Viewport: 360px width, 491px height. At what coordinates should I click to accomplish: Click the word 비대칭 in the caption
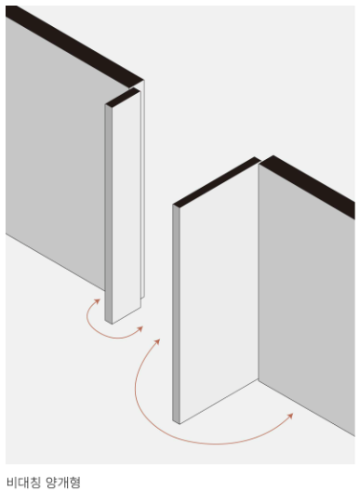click(x=24, y=483)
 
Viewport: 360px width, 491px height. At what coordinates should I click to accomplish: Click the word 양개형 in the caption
click(x=63, y=483)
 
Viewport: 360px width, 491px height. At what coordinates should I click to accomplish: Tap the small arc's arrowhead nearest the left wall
click(x=97, y=301)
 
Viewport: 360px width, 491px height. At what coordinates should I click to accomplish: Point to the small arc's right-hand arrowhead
click(x=140, y=329)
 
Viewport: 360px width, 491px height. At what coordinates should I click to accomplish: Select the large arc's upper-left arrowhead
click(x=157, y=341)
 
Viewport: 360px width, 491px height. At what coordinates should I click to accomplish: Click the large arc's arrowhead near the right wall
click(x=290, y=416)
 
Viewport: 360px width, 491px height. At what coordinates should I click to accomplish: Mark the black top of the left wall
click(x=74, y=46)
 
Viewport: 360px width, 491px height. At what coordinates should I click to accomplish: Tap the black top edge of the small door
click(x=123, y=97)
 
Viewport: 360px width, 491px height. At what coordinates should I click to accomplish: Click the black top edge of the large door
click(x=217, y=182)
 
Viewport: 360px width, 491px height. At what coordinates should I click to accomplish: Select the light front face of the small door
click(x=127, y=206)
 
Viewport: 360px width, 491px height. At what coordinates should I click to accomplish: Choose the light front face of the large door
click(x=219, y=294)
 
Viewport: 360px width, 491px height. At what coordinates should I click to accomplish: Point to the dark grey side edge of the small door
click(x=109, y=214)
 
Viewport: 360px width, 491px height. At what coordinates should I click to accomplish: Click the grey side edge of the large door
click(x=176, y=314)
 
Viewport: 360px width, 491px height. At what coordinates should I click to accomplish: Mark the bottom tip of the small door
click(x=112, y=325)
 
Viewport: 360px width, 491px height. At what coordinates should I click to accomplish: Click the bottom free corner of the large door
click(x=180, y=424)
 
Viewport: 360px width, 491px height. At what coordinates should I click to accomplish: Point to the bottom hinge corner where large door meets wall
click(x=259, y=379)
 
